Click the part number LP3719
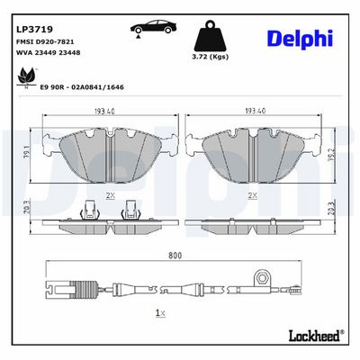click(34, 30)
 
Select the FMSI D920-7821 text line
click(45, 42)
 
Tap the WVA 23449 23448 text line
click(48, 53)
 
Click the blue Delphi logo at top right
click(300, 39)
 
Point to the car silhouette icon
click(153, 28)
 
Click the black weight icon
click(211, 36)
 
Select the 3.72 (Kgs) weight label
click(211, 57)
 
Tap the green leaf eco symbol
click(26, 76)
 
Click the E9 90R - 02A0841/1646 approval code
click(82, 87)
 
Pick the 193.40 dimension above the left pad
click(104, 112)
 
